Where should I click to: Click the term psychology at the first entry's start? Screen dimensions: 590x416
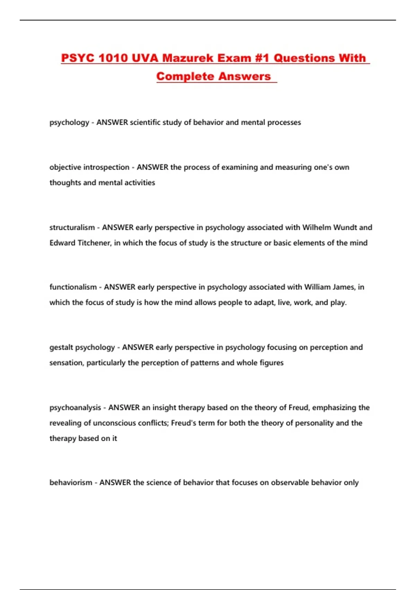coord(69,123)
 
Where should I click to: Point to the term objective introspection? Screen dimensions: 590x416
coord(89,167)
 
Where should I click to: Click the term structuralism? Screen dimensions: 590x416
coord(72,228)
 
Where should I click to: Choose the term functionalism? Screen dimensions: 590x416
coord(73,287)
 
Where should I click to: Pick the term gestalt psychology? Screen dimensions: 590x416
coord(82,347)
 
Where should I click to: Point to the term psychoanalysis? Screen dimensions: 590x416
coord(75,408)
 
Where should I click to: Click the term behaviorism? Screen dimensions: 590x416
coord(71,483)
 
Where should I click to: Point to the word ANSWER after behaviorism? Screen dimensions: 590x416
coord(115,483)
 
